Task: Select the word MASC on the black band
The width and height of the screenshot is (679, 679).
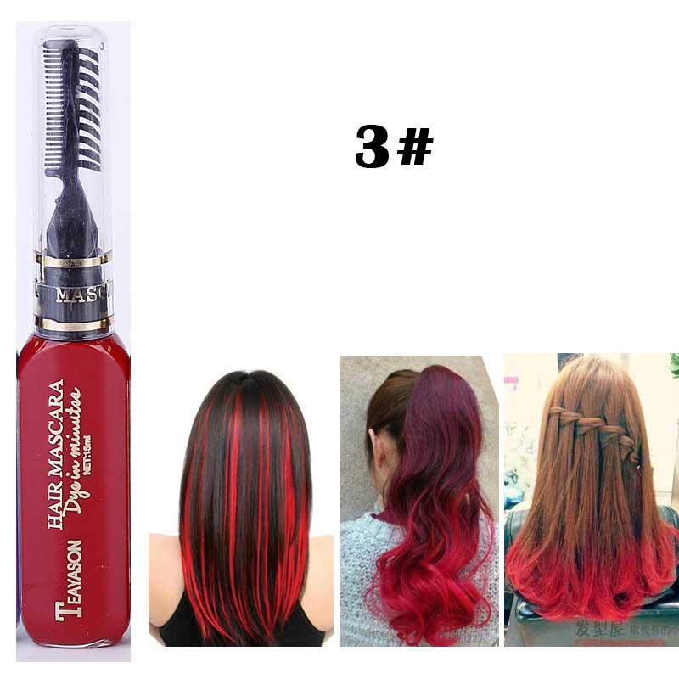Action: coord(81,295)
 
